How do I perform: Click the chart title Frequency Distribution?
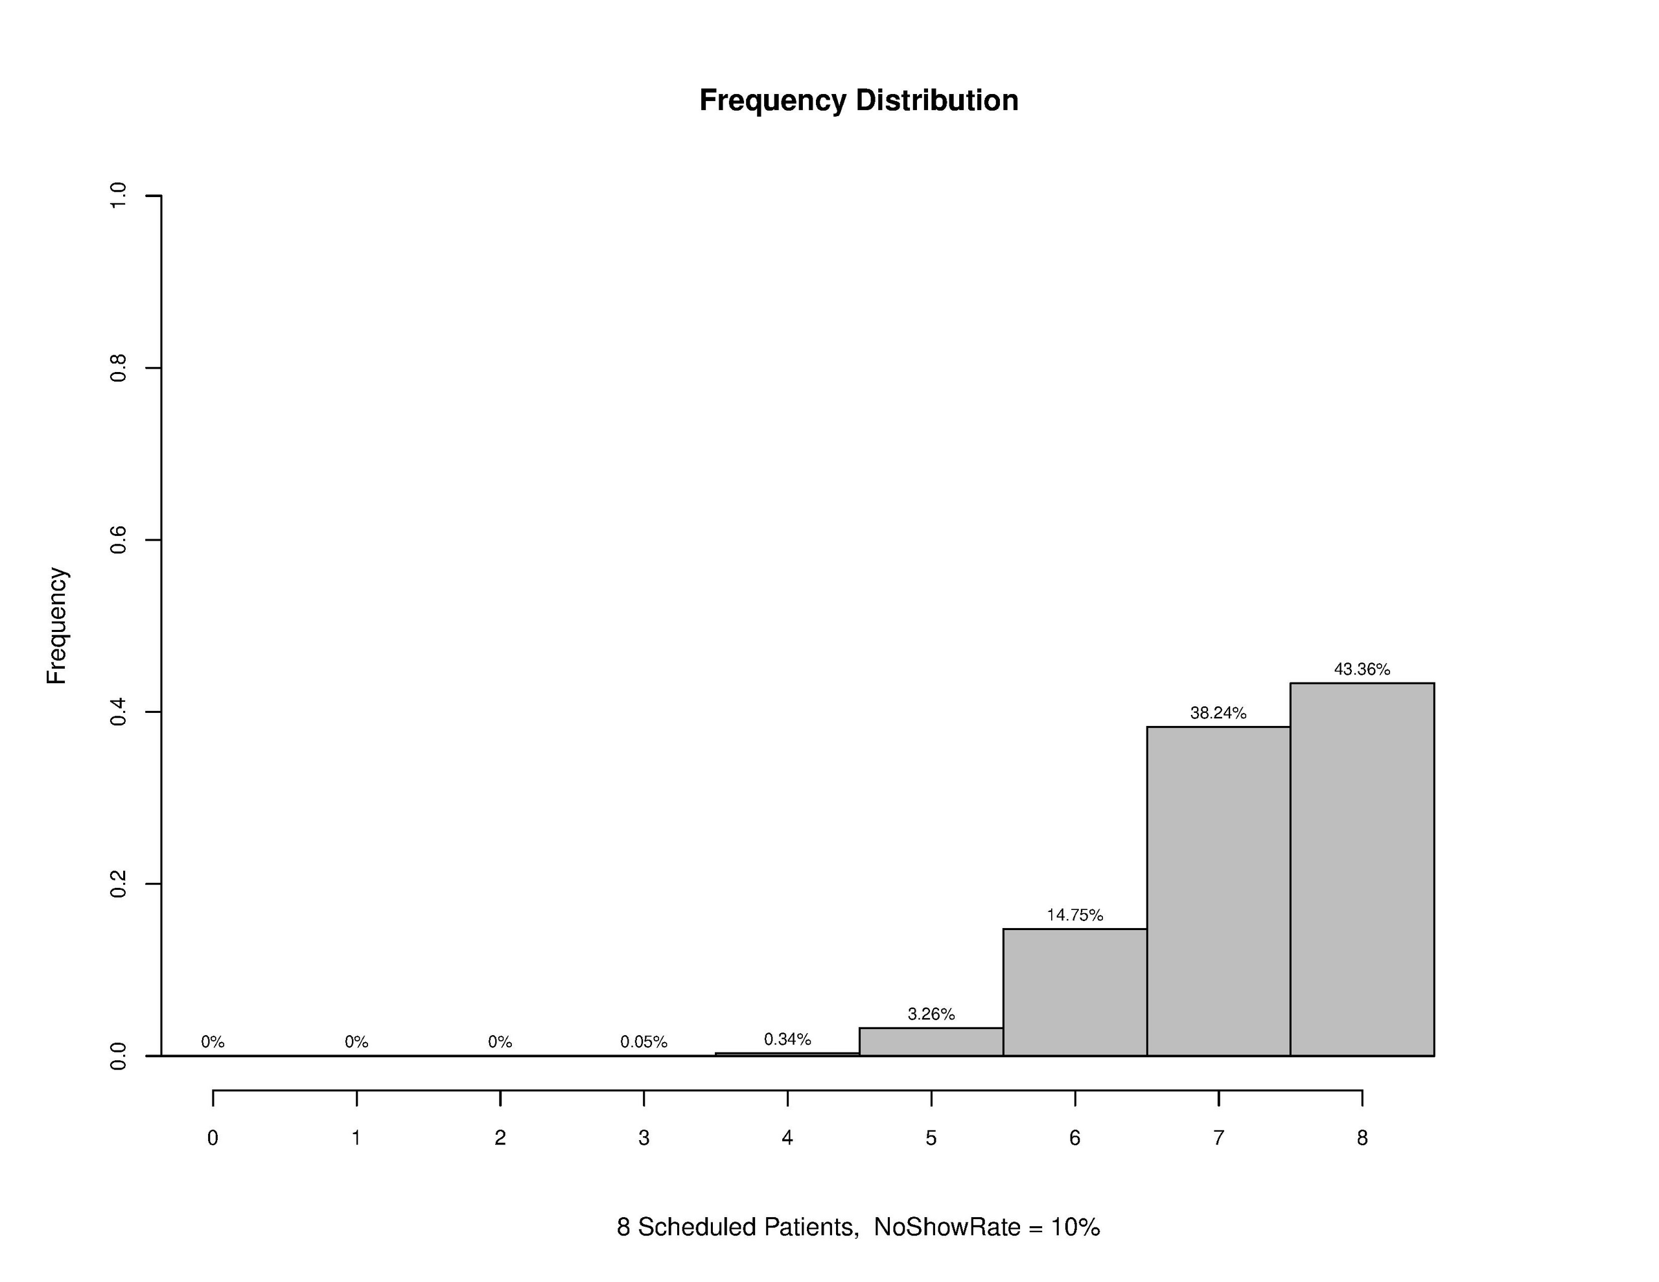(859, 100)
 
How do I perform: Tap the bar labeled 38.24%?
(1218, 891)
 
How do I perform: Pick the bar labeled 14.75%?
(1075, 992)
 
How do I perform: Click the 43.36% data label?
(1362, 670)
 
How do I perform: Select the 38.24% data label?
(1218, 713)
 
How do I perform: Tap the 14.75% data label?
(1075, 915)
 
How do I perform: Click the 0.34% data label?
(788, 1039)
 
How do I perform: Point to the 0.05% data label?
(644, 1042)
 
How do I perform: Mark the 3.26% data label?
(931, 1014)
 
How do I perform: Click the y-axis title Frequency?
(57, 625)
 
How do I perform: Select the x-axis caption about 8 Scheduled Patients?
(859, 1226)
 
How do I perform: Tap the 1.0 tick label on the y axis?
(119, 196)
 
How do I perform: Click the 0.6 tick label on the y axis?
(119, 541)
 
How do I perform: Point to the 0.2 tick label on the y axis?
(119, 884)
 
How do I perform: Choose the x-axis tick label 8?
(1362, 1137)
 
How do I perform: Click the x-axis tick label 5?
(931, 1137)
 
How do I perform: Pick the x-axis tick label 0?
(213, 1137)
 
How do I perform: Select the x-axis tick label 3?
(644, 1137)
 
